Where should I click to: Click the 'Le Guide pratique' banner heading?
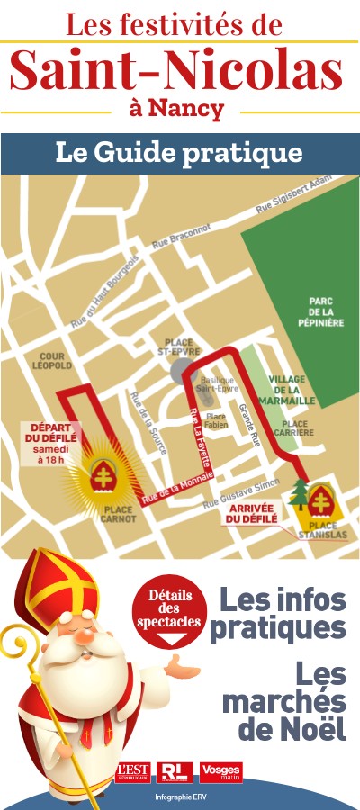tap(179, 152)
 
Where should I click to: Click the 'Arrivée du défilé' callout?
tap(247, 513)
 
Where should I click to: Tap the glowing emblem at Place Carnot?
tap(103, 472)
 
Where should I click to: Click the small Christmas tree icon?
tap(299, 494)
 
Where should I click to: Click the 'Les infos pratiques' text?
tap(283, 612)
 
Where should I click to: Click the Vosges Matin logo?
tap(220, 771)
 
